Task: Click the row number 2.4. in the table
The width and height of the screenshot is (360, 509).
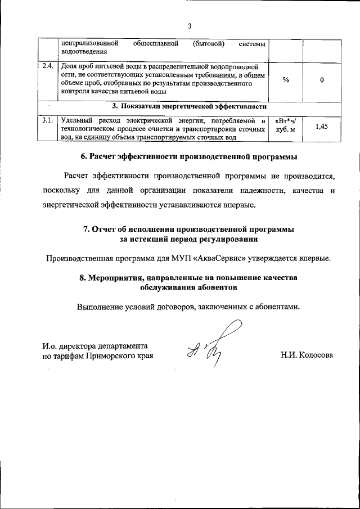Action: pos(48,66)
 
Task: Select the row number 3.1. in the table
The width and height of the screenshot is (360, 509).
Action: pos(48,120)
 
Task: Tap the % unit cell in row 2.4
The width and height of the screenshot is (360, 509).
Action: pos(286,80)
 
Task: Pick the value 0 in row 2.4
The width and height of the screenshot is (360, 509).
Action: pos(321,80)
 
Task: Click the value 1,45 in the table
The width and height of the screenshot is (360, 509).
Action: pos(321,128)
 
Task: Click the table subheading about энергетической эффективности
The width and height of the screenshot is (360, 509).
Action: pos(189,106)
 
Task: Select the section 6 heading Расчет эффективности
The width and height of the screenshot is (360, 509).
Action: pos(190,156)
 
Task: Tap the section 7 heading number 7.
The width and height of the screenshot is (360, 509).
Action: pos(86,229)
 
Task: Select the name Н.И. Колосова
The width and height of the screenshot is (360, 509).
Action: pos(307,355)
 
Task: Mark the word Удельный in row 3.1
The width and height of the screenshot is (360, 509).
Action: pos(76,120)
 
